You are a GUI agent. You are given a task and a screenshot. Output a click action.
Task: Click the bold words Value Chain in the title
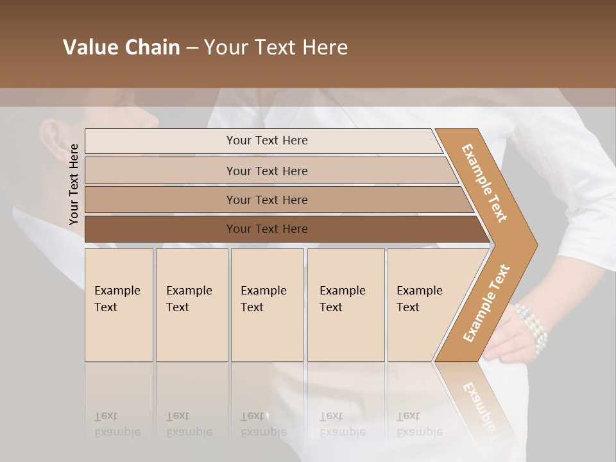click(121, 47)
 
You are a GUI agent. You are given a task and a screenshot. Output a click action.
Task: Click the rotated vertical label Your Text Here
click(74, 184)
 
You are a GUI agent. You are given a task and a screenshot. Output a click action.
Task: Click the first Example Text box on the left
click(119, 305)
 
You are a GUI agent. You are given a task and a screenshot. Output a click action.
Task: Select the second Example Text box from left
click(191, 305)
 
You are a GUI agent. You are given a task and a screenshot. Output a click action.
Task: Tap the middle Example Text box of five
click(267, 305)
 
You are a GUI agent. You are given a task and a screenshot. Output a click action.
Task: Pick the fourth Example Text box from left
click(345, 305)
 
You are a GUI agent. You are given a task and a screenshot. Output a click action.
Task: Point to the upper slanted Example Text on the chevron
click(484, 183)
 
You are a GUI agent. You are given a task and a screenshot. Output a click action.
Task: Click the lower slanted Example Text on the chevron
click(486, 304)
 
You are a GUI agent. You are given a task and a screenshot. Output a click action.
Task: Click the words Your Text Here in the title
click(276, 47)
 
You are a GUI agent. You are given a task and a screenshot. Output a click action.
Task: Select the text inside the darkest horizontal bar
click(267, 229)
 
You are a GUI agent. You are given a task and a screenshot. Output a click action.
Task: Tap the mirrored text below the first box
click(117, 424)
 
